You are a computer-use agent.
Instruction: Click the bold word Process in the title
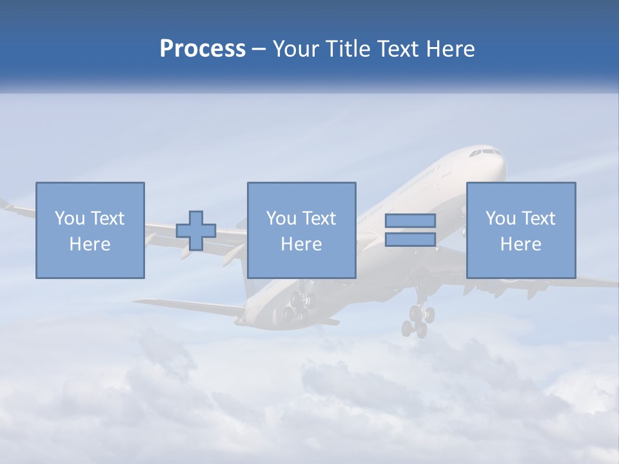pyautogui.click(x=202, y=49)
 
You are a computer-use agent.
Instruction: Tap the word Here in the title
pyautogui.click(x=451, y=49)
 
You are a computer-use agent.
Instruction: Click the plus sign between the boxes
pyautogui.click(x=196, y=230)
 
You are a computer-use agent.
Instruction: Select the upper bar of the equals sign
pyautogui.click(x=410, y=220)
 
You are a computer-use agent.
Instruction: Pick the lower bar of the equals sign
pyautogui.click(x=410, y=240)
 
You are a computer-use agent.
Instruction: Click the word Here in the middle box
pyautogui.click(x=301, y=244)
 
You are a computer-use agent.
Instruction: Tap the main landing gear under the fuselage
pyautogui.click(x=299, y=305)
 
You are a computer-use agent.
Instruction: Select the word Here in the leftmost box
pyautogui.click(x=90, y=244)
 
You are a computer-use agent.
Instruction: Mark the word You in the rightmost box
pyautogui.click(x=500, y=218)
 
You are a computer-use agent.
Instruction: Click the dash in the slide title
pyautogui.click(x=259, y=49)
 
